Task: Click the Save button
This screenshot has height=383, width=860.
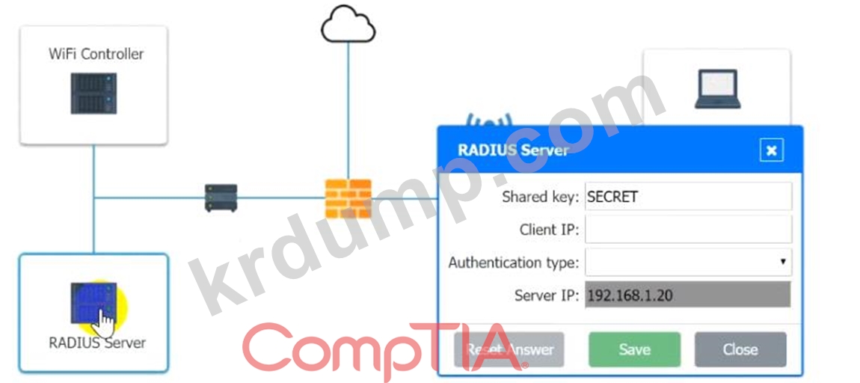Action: click(x=634, y=349)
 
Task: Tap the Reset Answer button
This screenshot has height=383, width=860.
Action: click(x=509, y=349)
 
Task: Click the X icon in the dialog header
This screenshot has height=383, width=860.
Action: click(x=771, y=150)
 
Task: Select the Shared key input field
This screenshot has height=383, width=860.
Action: click(x=687, y=197)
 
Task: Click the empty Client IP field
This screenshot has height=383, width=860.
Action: click(x=687, y=230)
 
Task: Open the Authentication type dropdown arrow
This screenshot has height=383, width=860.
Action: click(x=782, y=263)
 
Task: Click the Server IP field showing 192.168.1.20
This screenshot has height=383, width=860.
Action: click(x=687, y=295)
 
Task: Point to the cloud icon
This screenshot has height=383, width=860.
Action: click(x=348, y=25)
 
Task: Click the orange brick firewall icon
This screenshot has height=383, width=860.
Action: click(x=348, y=197)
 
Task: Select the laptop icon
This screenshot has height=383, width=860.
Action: click(x=716, y=89)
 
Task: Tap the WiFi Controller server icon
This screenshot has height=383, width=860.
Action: click(x=93, y=93)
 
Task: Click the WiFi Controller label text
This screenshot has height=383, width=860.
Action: click(x=96, y=54)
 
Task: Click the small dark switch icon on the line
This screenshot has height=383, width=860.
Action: click(x=221, y=197)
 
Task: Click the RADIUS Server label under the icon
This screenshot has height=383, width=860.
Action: click(x=97, y=343)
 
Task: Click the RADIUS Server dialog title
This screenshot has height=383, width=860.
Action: click(x=513, y=150)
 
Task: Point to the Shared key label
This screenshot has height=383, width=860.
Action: click(x=540, y=197)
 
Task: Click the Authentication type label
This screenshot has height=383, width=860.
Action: click(x=513, y=263)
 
